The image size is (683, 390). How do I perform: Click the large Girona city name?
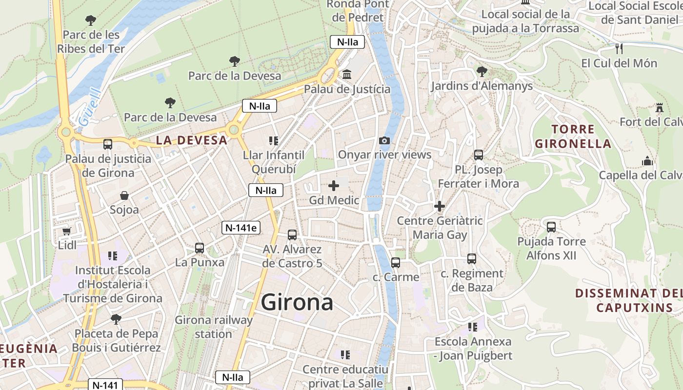coord(297,303)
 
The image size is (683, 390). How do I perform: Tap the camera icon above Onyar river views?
coord(384,141)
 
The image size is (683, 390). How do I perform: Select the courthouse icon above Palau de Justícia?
coord(347,75)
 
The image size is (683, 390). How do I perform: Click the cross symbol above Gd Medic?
coord(334,186)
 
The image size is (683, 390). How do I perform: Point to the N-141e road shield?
coord(241,227)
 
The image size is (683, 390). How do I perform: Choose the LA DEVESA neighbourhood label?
coord(192,140)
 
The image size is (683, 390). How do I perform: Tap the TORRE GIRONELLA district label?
coord(573,136)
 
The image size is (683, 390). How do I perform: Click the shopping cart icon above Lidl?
coord(67,231)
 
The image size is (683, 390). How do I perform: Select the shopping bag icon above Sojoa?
coord(124,196)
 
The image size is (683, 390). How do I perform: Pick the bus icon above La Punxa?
coord(199,248)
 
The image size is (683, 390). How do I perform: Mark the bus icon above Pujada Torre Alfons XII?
coord(551,227)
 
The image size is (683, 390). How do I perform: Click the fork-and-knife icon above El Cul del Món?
coord(619,49)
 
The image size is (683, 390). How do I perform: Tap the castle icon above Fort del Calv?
coord(660,107)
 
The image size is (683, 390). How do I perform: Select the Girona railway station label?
coord(214,327)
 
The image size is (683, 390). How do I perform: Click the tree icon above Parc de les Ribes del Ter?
coord(90,20)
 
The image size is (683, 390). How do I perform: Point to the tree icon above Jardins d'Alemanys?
coord(482,72)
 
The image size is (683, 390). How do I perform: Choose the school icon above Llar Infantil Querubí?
coord(274,141)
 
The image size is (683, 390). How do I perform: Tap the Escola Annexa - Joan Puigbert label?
coord(473,349)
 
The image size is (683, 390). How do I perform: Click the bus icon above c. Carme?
coord(396,263)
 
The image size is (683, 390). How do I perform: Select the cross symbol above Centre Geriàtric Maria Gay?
coord(440,206)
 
